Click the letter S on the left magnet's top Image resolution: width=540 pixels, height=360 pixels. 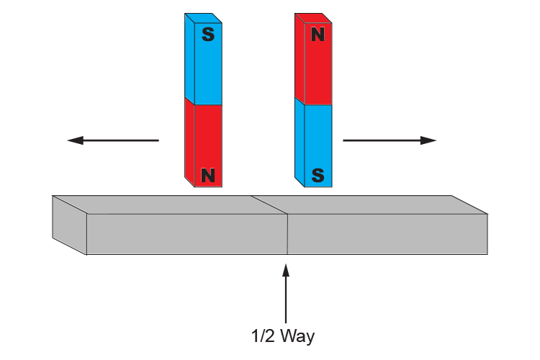click(x=207, y=35)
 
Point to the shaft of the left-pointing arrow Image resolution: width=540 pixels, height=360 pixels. click(x=122, y=140)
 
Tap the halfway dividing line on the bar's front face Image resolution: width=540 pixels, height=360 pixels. click(x=287, y=234)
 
